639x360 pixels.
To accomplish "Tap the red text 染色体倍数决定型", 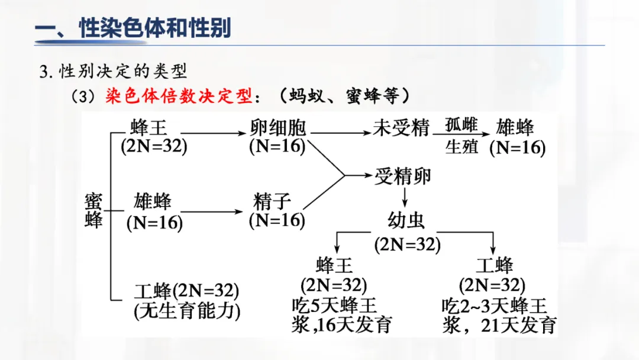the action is [179, 96].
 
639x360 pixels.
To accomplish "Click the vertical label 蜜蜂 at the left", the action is [93, 210].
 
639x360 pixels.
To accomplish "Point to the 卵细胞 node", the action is [277, 127].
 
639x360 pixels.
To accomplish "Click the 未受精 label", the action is [401, 127].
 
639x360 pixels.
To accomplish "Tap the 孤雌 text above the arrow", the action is [461, 124].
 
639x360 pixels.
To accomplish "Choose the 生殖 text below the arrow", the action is [461, 146].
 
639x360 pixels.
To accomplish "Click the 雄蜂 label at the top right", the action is [515, 127].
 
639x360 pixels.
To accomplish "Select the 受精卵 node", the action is [402, 176].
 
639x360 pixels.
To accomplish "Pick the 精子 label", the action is [272, 201].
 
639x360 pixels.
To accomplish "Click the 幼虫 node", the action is [406, 221].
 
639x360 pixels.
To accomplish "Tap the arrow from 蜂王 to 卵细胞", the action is [207, 135].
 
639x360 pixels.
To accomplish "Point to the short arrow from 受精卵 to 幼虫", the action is [405, 197].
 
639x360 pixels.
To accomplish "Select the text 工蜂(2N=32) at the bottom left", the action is [186, 291].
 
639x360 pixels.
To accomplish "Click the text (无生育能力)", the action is [186, 311].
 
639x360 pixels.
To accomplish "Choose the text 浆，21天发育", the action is [499, 325].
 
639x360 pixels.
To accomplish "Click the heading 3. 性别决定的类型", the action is [113, 72].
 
